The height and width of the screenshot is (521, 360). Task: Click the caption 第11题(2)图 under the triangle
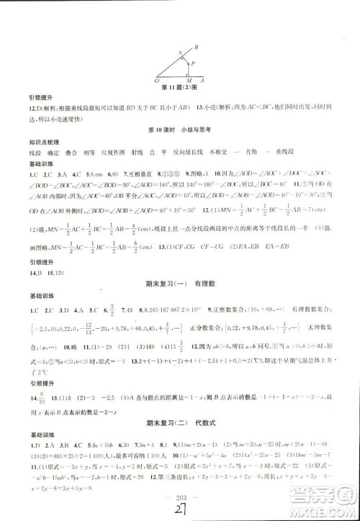(x=180, y=89)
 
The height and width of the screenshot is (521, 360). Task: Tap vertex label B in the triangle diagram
(x=197, y=47)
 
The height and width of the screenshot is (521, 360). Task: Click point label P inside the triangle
(x=191, y=63)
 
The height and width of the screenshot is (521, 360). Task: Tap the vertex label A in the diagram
(x=207, y=79)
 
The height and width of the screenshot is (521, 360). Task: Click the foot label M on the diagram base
(x=188, y=80)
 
